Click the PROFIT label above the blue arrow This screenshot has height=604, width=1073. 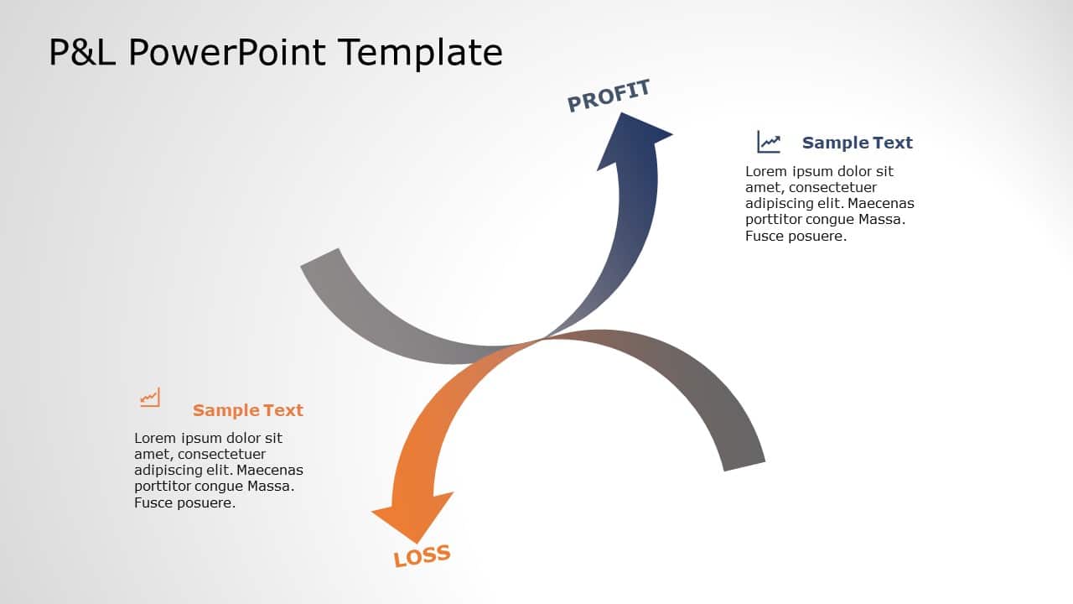[x=609, y=96]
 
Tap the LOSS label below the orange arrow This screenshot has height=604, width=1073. [x=422, y=555]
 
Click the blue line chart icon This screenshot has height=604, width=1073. [x=769, y=142]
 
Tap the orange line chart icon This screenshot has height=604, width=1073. [x=150, y=398]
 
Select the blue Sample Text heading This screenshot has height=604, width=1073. [x=857, y=143]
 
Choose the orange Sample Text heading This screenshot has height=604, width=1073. [x=247, y=410]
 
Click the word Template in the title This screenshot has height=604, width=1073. [x=421, y=52]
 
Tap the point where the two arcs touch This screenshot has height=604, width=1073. [x=541, y=339]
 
